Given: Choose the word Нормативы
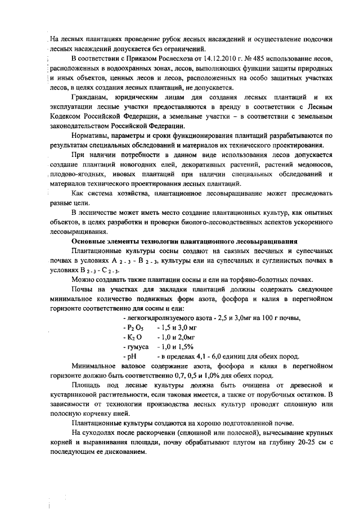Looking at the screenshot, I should click(91, 136).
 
